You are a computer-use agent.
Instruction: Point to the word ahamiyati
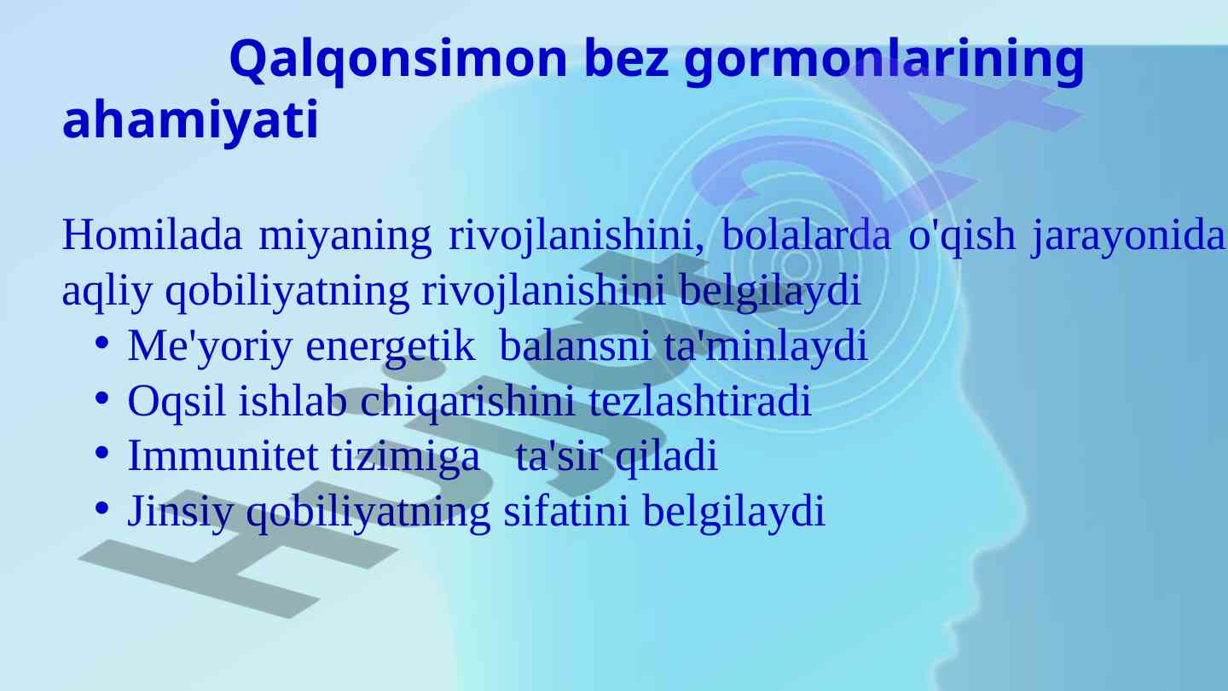pos(190,120)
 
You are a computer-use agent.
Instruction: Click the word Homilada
pos(152,235)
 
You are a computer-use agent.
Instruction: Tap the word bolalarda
pos(806,235)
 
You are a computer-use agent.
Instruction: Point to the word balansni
pos(575,345)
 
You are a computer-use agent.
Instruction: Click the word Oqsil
pos(177,403)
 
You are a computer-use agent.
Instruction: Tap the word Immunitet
pos(223,456)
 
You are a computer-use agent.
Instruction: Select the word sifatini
pos(565,510)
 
